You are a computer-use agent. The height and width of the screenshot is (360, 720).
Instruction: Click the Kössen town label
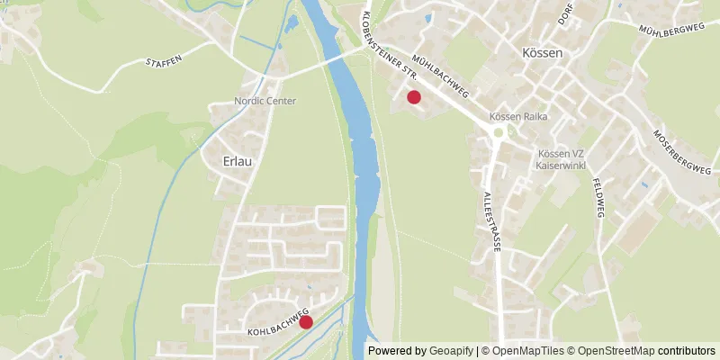pos(542,53)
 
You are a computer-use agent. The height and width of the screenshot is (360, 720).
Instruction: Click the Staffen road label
pos(165,62)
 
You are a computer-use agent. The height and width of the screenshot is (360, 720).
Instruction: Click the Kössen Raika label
pos(518,116)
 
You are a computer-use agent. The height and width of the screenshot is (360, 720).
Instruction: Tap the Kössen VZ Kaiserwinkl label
pos(560,160)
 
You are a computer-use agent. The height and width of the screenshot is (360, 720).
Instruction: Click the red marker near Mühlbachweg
pos(414,97)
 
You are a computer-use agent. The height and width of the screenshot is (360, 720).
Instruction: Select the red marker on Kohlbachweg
pos(305,322)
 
